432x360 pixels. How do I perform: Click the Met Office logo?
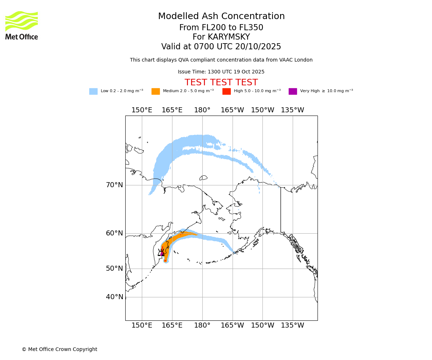22,25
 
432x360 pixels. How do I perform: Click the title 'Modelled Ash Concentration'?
221,17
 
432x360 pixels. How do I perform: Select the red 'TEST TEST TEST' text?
221,82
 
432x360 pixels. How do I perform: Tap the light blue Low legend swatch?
93,91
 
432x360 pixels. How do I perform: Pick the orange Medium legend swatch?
156,91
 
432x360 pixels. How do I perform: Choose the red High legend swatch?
226,91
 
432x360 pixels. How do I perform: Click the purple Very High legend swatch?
293,91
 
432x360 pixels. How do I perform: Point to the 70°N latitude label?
114,185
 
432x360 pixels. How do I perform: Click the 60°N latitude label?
114,233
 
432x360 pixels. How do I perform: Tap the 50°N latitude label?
114,269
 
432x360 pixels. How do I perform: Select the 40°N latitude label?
114,297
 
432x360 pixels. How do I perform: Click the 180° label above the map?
202,110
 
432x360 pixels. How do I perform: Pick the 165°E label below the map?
172,325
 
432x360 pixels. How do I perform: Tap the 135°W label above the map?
293,110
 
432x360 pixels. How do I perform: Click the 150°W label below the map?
262,325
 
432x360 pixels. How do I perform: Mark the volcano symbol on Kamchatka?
161,253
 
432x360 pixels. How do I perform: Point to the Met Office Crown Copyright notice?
59,350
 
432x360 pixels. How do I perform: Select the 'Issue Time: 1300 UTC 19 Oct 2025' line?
221,72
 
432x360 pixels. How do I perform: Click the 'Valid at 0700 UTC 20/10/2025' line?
221,47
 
